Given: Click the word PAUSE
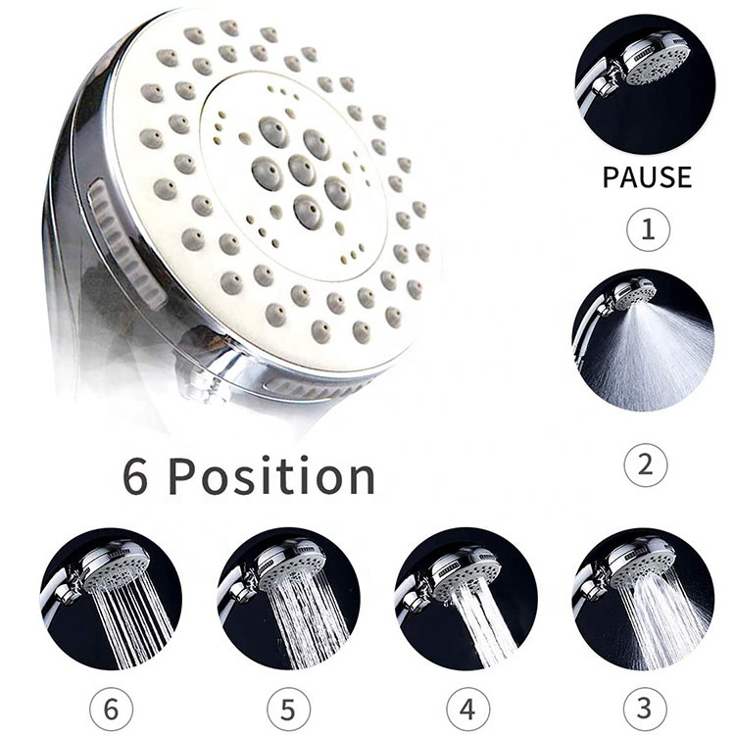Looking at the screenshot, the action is coord(647,176).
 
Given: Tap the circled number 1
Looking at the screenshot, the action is coord(649,229).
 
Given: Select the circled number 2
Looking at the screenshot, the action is coord(646,465).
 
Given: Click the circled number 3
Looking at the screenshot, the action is coord(645,709).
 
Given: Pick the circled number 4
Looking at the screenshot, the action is coord(467,710).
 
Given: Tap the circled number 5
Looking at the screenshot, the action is coord(288,710).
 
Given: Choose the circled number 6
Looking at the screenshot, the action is coord(111,710).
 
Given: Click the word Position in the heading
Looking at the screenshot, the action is coord(271,475).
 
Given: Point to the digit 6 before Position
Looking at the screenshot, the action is coord(135,476).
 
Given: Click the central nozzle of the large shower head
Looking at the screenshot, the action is coord(302,170).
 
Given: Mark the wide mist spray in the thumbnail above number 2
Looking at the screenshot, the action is coord(652,357).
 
